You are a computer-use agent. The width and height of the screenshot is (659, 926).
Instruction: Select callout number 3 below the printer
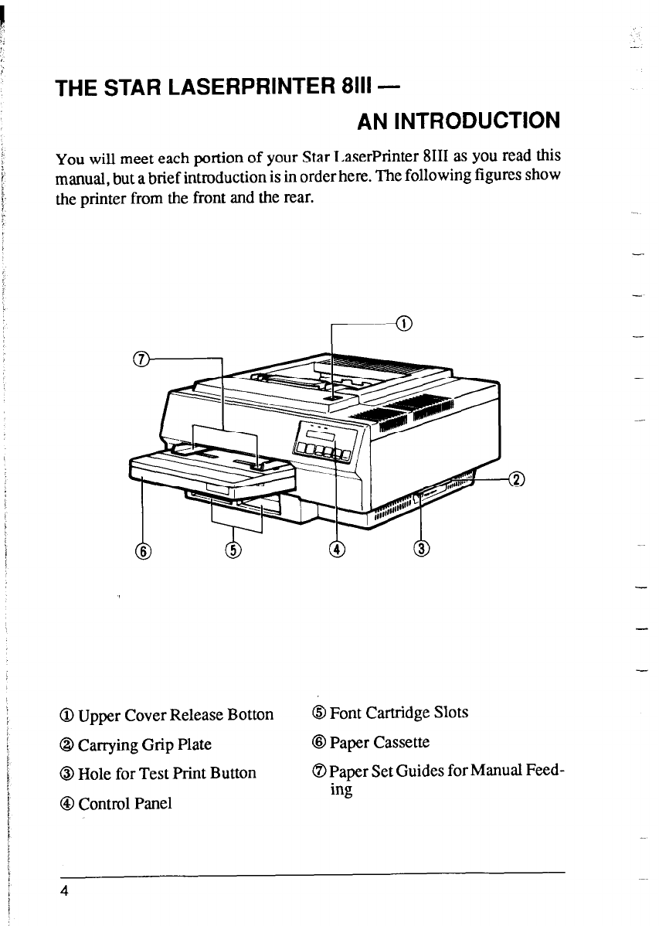(421, 549)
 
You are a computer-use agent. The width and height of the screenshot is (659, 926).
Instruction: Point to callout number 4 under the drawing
(336, 549)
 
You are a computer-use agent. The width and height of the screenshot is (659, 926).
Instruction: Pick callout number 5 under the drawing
(233, 550)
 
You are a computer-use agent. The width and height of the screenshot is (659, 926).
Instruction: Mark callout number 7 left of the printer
(141, 358)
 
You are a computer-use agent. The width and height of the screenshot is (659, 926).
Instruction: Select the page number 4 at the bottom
(69, 890)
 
